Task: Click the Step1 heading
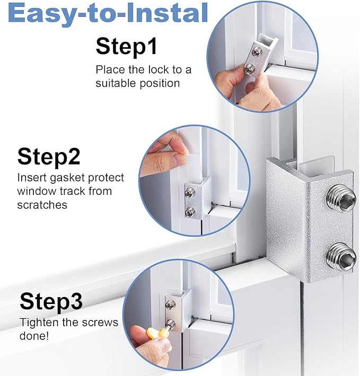tap(127, 46)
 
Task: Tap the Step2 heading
tap(49, 157)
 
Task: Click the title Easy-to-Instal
tap(108, 14)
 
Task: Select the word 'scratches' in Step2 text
tap(42, 204)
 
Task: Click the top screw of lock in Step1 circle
tap(257, 51)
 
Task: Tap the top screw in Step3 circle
tap(170, 305)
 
